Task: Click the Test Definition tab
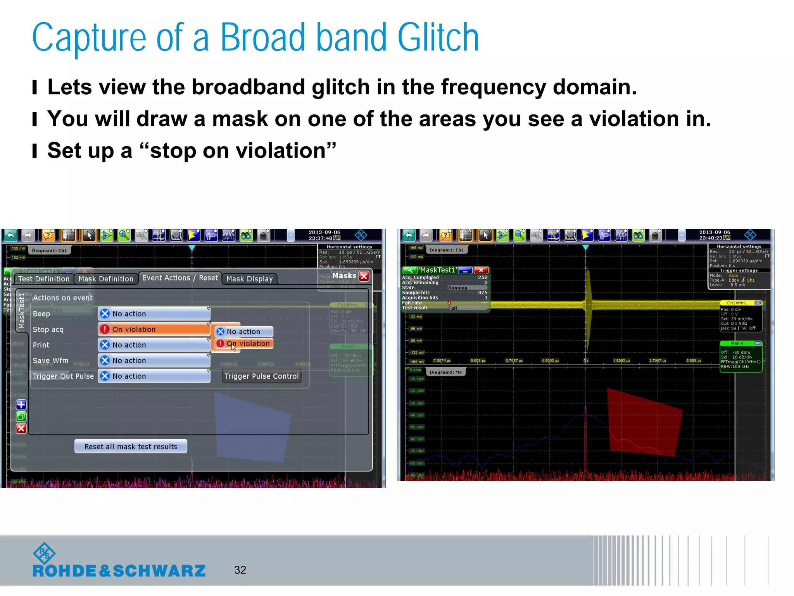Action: click(x=44, y=279)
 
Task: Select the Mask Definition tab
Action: click(x=105, y=279)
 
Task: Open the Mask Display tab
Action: click(x=249, y=279)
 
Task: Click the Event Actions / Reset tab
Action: click(x=180, y=278)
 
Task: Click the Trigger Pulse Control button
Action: click(x=262, y=376)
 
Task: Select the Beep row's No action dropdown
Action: click(x=154, y=314)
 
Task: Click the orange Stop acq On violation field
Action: click(x=154, y=329)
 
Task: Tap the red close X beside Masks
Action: click(x=364, y=276)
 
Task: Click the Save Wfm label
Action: click(x=50, y=360)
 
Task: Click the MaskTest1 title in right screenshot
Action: click(x=437, y=270)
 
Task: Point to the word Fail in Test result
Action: click(x=452, y=308)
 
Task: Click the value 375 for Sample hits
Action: click(x=482, y=293)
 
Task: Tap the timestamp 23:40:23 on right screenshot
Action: click(x=710, y=238)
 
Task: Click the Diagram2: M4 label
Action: click(x=446, y=372)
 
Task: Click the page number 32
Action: click(x=240, y=570)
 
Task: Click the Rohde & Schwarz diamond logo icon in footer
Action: click(x=44, y=553)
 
